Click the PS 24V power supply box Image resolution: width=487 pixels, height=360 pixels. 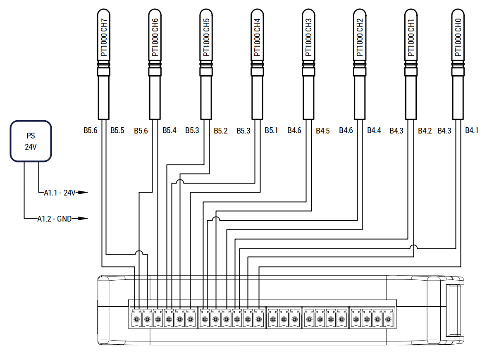point(31,141)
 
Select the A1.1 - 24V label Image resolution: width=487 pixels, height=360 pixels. point(60,193)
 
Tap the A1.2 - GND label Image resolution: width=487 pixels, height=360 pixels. point(54,219)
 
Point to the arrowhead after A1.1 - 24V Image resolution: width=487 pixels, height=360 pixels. point(83,193)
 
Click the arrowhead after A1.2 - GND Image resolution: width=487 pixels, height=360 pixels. point(83,218)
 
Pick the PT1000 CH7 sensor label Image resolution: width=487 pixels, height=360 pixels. point(104,37)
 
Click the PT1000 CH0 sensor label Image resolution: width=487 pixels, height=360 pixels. point(458,37)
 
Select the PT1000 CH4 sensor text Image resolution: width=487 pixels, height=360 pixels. point(257,37)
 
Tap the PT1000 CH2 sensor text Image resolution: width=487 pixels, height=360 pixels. point(360,37)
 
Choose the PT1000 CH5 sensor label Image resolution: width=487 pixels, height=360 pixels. point(206,37)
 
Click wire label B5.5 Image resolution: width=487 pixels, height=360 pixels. point(117,131)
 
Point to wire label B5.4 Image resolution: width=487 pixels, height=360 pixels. point(169,131)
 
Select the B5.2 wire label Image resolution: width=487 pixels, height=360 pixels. point(220,131)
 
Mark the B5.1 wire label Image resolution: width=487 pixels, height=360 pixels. point(271,131)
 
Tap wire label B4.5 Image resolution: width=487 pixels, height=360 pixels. point(323,131)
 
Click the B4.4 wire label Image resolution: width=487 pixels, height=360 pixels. point(374,131)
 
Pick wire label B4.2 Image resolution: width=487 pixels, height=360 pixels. point(425,131)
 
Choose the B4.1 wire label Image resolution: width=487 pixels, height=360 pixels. point(471,131)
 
